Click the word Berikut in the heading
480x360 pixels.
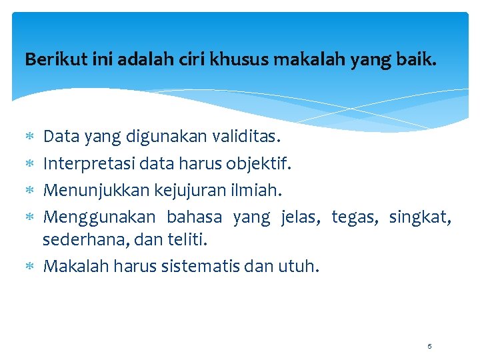tap(49, 60)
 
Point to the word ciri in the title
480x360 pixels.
tap(193, 60)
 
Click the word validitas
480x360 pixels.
tap(247, 137)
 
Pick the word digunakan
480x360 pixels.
tap(166, 137)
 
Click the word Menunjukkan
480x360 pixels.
tap(96, 190)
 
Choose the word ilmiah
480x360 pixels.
tap(257, 190)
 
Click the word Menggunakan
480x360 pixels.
tap(99, 217)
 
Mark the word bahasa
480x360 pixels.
tap(194, 217)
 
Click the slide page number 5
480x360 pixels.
tap(429, 346)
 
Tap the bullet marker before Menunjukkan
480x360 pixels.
tap(29, 191)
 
